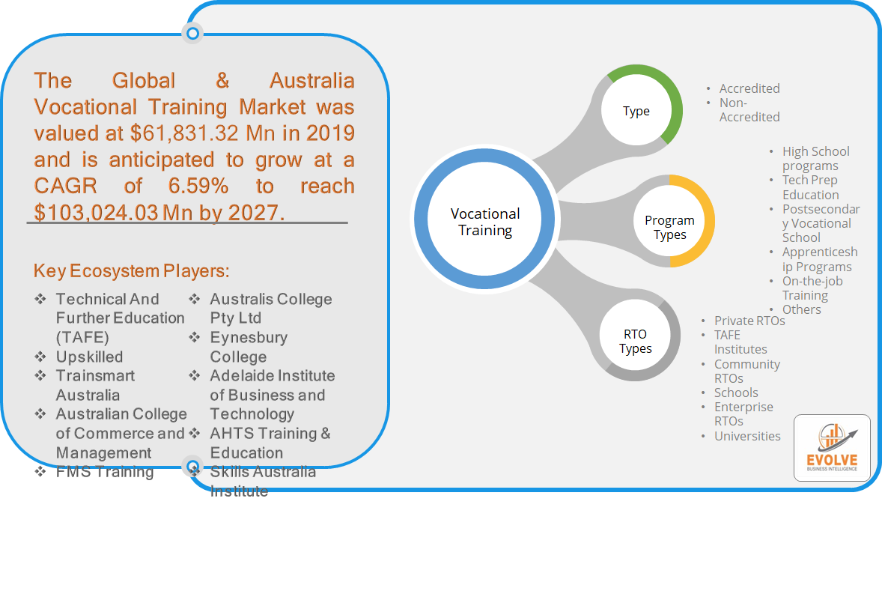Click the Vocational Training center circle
pyautogui.click(x=485, y=219)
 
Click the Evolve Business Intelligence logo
pyautogui.click(x=832, y=448)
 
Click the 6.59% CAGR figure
pyautogui.click(x=198, y=186)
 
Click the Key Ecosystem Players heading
pyautogui.click(x=132, y=271)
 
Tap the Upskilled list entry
pyautogui.click(x=89, y=357)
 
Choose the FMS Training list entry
pyautogui.click(x=105, y=472)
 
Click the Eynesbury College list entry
pyautogui.click(x=249, y=347)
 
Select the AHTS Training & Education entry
pyautogui.click(x=270, y=443)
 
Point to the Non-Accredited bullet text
pyautogui.click(x=749, y=110)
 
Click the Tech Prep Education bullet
pyautogui.click(x=811, y=187)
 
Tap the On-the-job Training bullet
pyautogui.click(x=812, y=288)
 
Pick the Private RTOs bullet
pyautogui.click(x=749, y=321)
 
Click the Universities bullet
pyautogui.click(x=747, y=436)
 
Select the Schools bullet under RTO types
pyautogui.click(x=736, y=393)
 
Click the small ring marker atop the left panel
pyautogui.click(x=192, y=33)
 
